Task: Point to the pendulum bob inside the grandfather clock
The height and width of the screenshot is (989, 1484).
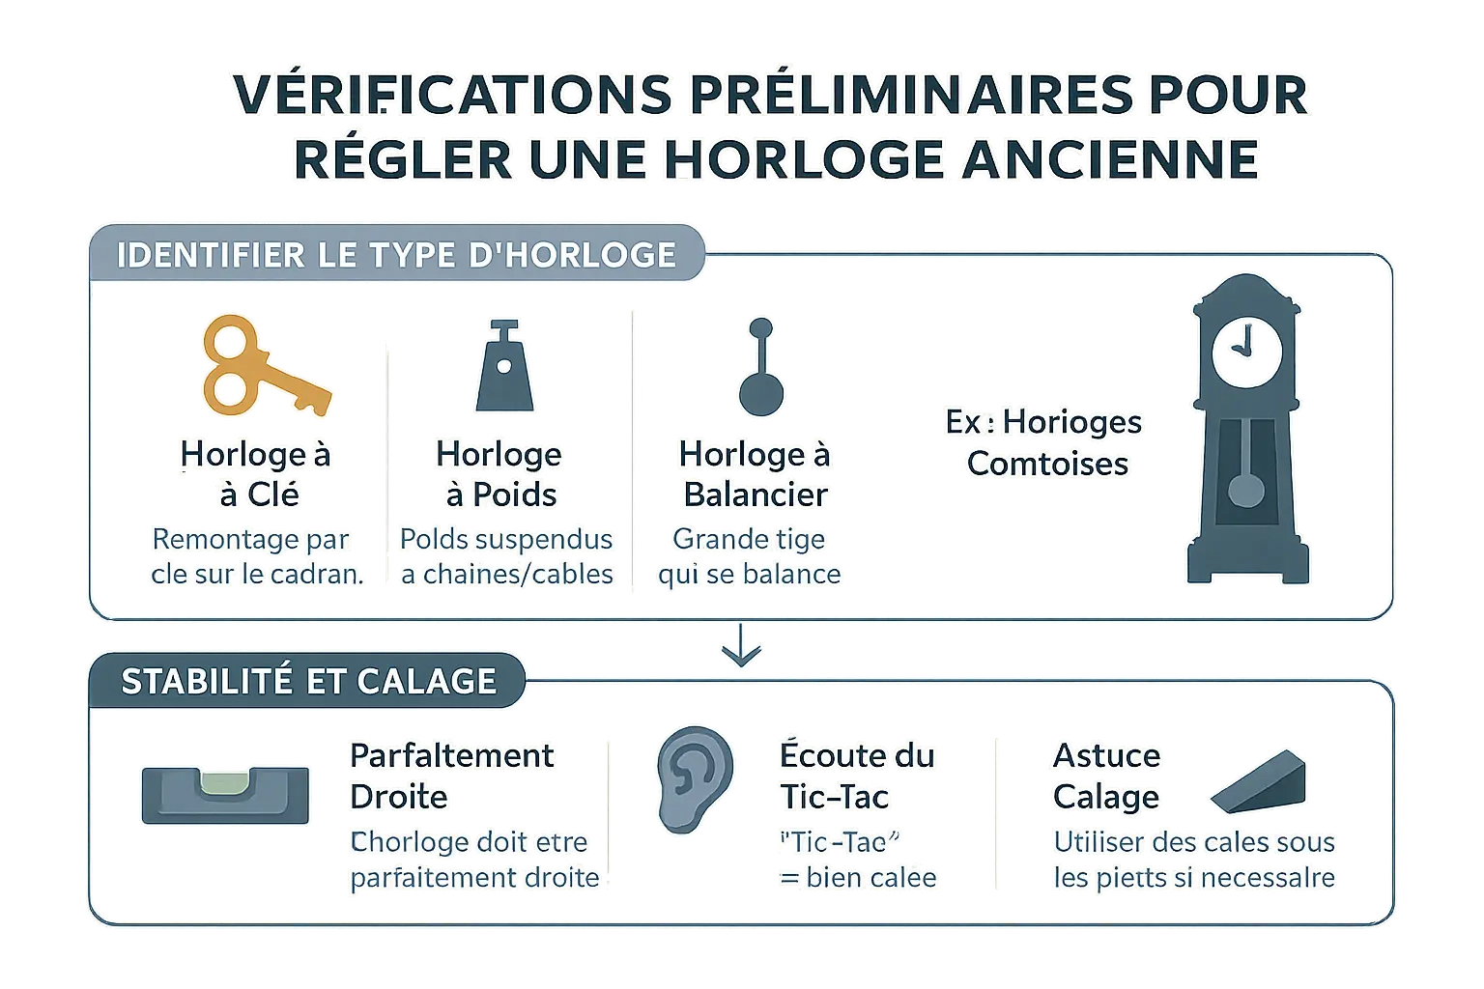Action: [1246, 489]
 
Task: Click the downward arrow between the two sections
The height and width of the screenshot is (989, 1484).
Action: [741, 646]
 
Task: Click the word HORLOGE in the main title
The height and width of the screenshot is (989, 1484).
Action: [805, 158]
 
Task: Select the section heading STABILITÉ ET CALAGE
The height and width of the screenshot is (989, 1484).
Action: [308, 682]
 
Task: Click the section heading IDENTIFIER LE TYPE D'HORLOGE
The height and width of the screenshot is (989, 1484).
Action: [396, 255]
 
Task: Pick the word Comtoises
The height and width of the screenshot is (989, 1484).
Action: [1047, 464]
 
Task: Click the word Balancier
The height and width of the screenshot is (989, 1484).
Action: [756, 494]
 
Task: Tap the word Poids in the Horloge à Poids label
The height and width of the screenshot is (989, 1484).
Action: [514, 494]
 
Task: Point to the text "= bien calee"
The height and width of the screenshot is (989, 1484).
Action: [858, 878]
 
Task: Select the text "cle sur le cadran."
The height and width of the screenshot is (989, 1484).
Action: [257, 574]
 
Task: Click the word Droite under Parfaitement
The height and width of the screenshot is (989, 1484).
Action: [398, 797]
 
